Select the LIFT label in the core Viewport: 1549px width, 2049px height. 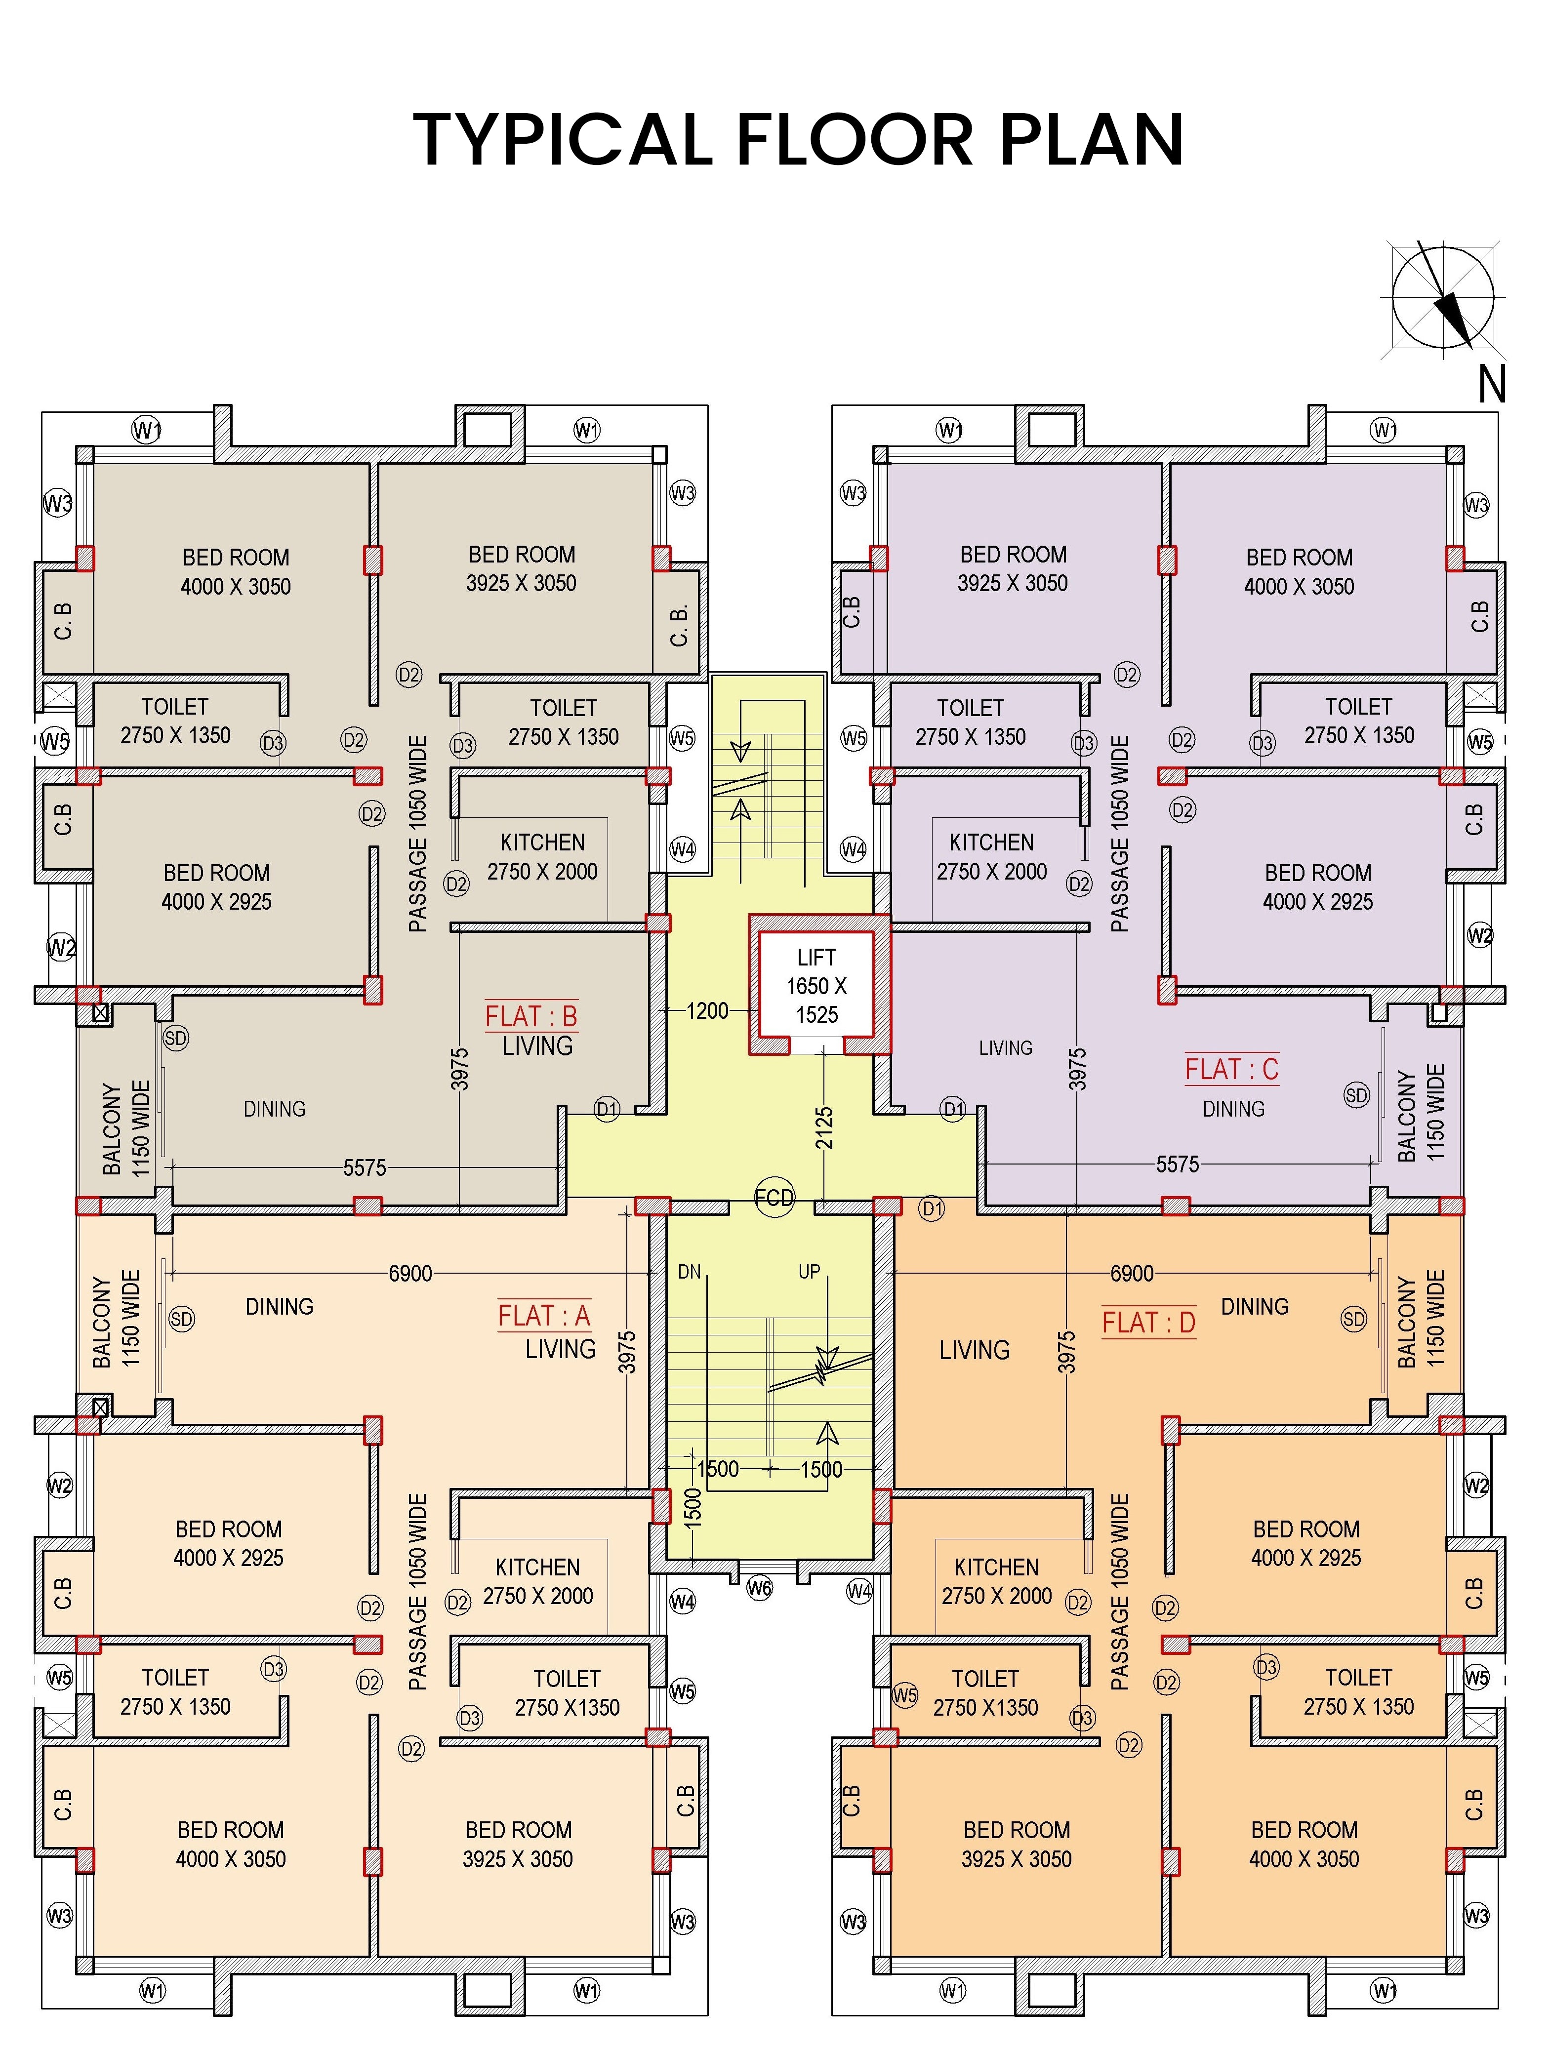point(816,958)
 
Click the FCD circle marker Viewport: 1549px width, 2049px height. point(774,1198)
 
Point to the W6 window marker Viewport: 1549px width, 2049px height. point(760,1588)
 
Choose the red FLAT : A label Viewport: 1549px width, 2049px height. point(544,1315)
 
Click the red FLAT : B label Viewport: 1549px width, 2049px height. point(531,1016)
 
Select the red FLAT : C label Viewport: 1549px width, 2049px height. point(1231,1069)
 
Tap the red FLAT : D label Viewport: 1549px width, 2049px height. point(1149,1322)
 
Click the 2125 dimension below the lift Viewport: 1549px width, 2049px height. point(823,1128)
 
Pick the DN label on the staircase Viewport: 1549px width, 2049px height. point(689,1272)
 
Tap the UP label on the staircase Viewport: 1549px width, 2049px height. point(809,1272)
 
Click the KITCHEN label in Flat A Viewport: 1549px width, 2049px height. point(537,1567)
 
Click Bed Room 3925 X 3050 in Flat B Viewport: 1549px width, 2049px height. point(522,569)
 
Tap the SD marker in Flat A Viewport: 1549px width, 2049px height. point(182,1319)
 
